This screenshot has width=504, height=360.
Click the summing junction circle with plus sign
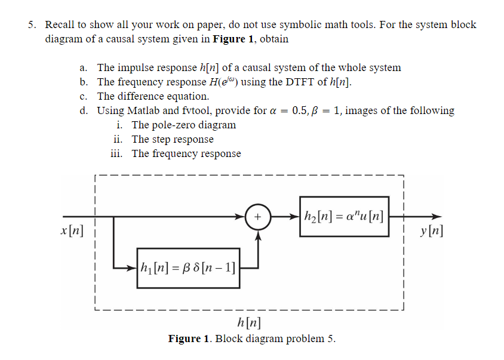pyautogui.click(x=258, y=216)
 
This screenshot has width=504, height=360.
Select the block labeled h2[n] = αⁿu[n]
pyautogui.click(x=344, y=216)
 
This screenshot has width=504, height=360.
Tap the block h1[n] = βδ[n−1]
pyautogui.click(x=188, y=268)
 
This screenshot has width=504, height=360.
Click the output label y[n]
pyautogui.click(x=432, y=231)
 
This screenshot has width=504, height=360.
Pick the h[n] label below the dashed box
pyautogui.click(x=248, y=324)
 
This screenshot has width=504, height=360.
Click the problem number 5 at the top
pyautogui.click(x=31, y=24)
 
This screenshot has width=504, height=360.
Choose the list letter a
pyautogui.click(x=85, y=67)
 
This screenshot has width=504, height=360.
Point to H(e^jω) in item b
pyautogui.click(x=218, y=82)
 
